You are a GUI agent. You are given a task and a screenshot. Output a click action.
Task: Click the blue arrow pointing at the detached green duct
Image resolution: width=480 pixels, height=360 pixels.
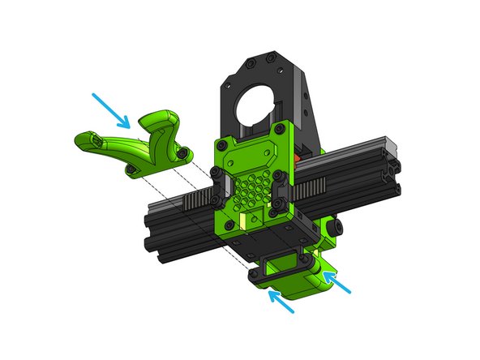point(111,109)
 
